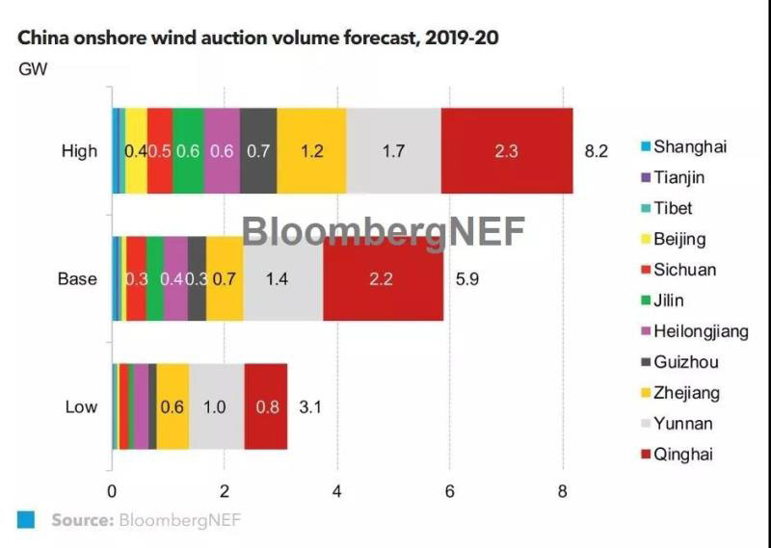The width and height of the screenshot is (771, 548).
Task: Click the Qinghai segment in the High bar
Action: [507, 151]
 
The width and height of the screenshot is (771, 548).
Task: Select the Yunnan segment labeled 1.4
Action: [283, 279]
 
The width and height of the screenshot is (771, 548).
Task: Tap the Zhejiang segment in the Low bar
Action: [173, 406]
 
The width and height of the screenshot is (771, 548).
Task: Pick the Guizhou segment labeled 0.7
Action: [258, 151]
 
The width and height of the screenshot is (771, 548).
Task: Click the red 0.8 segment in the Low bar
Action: [266, 406]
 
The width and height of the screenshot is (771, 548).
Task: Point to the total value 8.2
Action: [597, 151]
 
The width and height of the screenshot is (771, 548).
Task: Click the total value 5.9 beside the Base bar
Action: [469, 279]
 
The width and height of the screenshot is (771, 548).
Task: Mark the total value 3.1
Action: [310, 406]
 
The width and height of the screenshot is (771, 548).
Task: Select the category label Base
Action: [77, 279]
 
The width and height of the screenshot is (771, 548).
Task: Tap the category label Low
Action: [81, 406]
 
